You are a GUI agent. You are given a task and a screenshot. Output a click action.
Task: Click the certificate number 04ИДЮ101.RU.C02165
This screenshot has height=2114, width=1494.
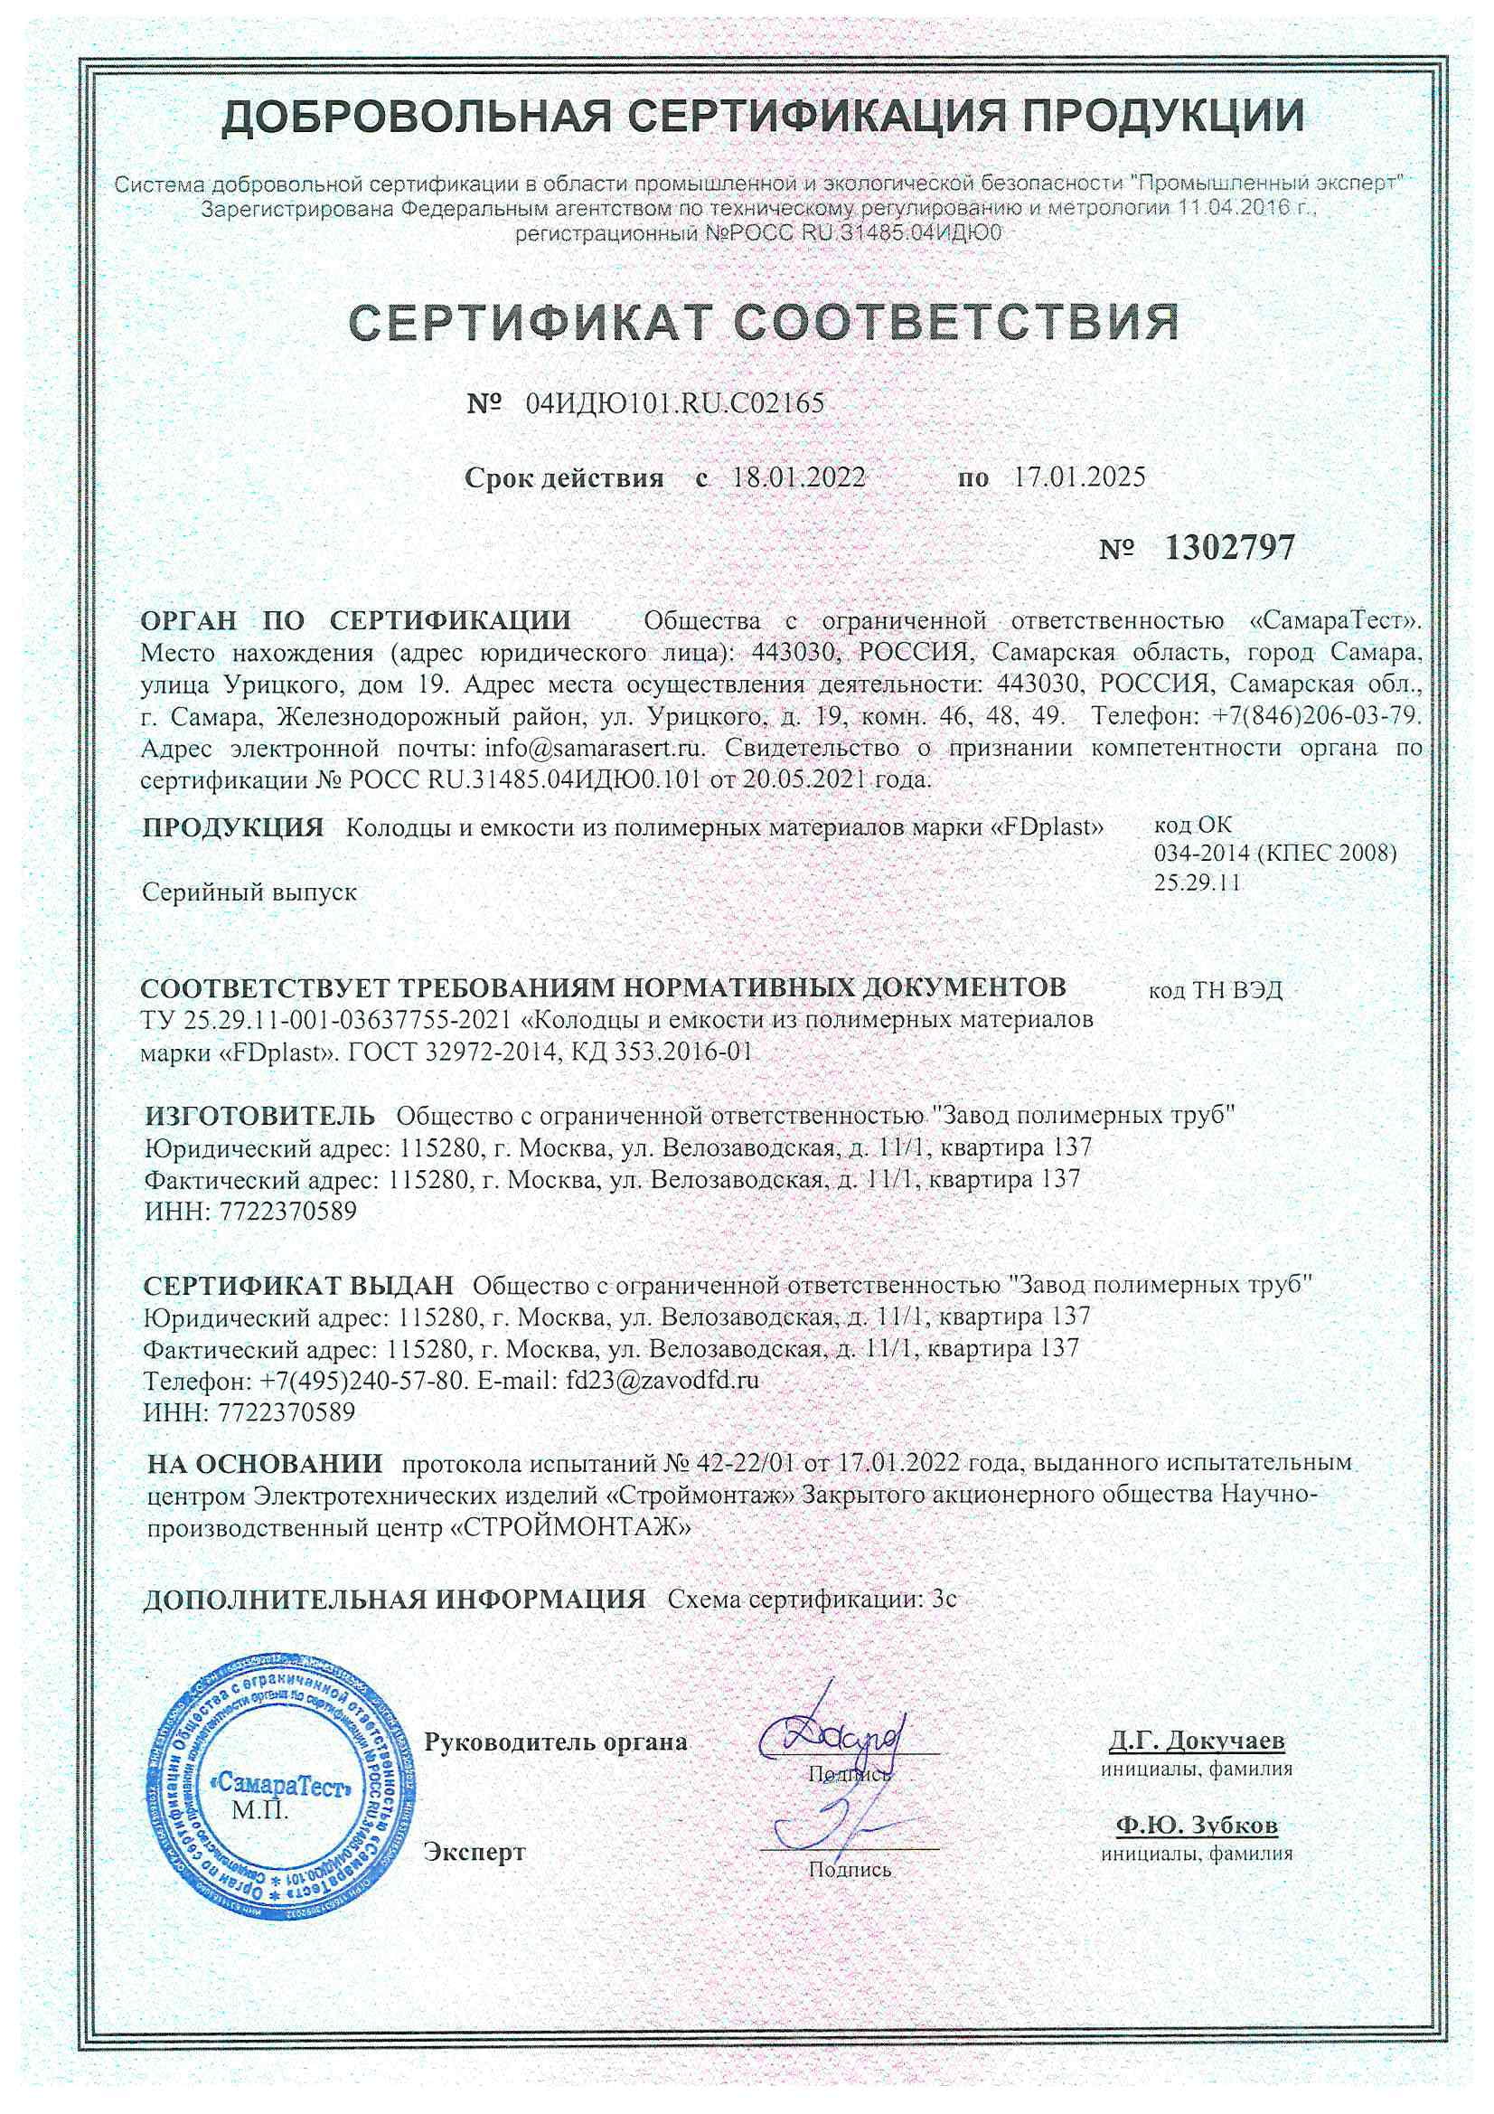pyautogui.click(x=674, y=403)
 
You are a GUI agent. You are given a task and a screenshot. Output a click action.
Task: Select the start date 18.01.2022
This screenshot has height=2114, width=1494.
pyautogui.click(x=798, y=477)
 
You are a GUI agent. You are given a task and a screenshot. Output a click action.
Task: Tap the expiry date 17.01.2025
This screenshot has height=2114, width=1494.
pyautogui.click(x=1079, y=477)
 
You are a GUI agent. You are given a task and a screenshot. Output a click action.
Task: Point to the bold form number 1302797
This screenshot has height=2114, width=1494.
pyautogui.click(x=1229, y=548)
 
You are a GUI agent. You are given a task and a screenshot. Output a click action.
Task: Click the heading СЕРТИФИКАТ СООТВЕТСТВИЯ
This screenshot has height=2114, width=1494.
pyautogui.click(x=764, y=321)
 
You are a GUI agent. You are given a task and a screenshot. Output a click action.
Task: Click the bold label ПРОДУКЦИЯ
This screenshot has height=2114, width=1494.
pyautogui.click(x=233, y=826)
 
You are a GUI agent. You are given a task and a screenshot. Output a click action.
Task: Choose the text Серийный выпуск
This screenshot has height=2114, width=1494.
pyautogui.click(x=249, y=892)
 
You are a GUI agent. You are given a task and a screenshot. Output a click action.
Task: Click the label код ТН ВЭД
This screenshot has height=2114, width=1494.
pyautogui.click(x=1215, y=991)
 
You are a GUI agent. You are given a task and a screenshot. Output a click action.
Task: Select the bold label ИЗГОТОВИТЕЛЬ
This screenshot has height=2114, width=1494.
pyautogui.click(x=259, y=1116)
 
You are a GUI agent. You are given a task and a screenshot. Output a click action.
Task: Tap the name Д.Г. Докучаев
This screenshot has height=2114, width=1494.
pyautogui.click(x=1196, y=1741)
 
